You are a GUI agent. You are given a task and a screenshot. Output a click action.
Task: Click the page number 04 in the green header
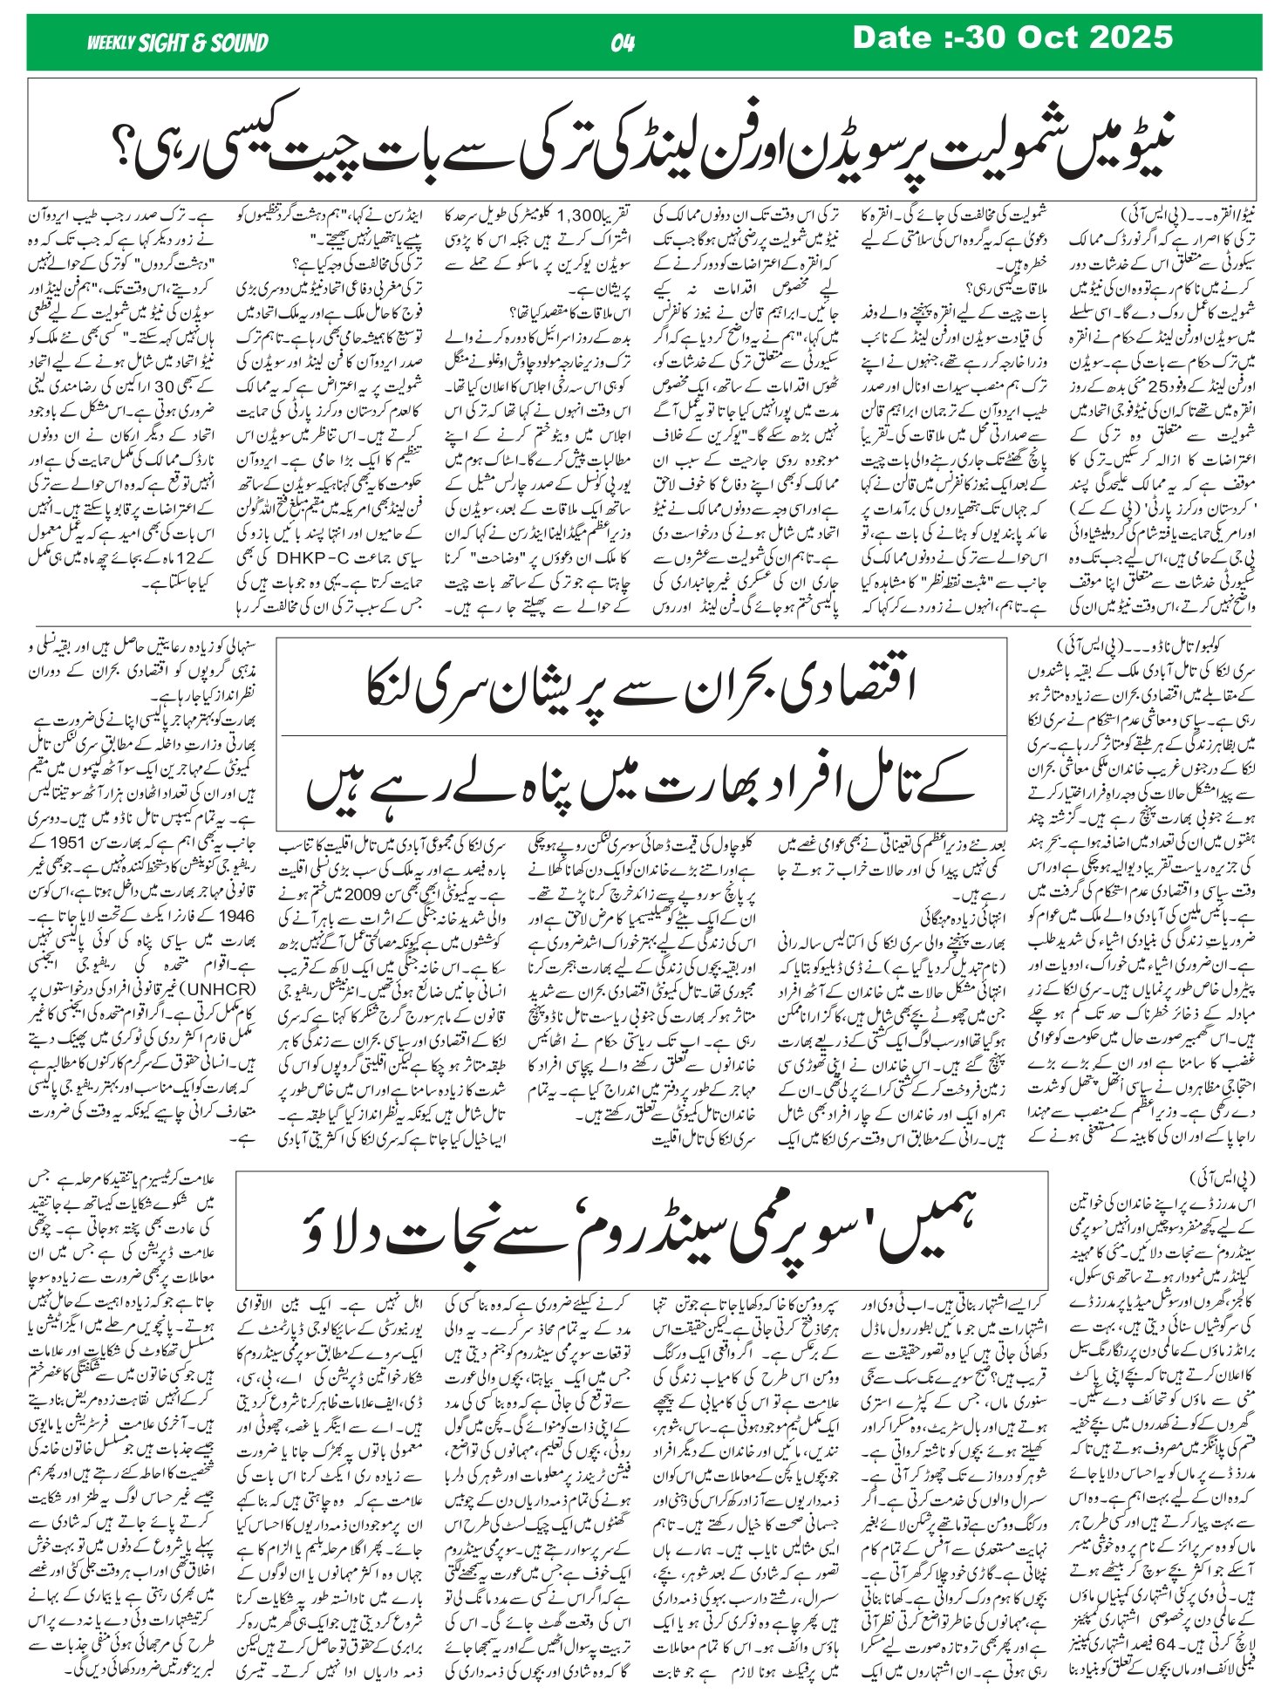pyautogui.click(x=623, y=42)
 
